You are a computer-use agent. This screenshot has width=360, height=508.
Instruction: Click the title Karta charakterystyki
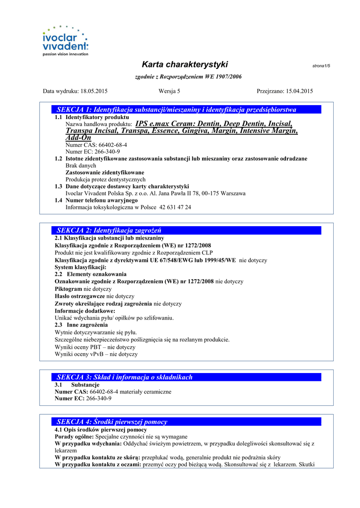pyautogui.click(x=185, y=64)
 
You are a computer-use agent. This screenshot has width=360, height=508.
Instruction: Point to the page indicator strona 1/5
pyautogui.click(x=321, y=66)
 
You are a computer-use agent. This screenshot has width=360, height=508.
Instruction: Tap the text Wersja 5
pyautogui.click(x=169, y=91)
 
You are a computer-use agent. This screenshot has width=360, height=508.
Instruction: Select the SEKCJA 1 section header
pyautogui.click(x=176, y=109)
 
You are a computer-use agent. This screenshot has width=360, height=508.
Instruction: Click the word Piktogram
pyautogui.click(x=68, y=289)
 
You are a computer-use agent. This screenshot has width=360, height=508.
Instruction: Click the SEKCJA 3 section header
pyautogui.click(x=124, y=377)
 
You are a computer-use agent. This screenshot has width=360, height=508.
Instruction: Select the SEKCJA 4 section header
pyautogui.click(x=112, y=422)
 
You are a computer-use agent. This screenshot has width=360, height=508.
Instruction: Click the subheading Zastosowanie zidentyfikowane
pyautogui.click(x=102, y=172)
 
